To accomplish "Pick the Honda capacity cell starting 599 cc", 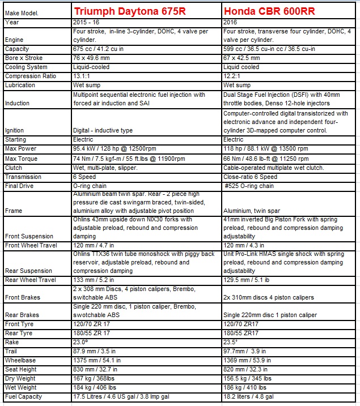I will pos(269,49).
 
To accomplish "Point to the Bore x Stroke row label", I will pos(24,58).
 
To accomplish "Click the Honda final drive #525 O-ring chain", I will pos(249,186).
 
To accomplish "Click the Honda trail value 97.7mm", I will pos(246,352).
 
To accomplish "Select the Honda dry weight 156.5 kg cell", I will pos(247,379).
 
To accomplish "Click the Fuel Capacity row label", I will pos(23,397).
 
